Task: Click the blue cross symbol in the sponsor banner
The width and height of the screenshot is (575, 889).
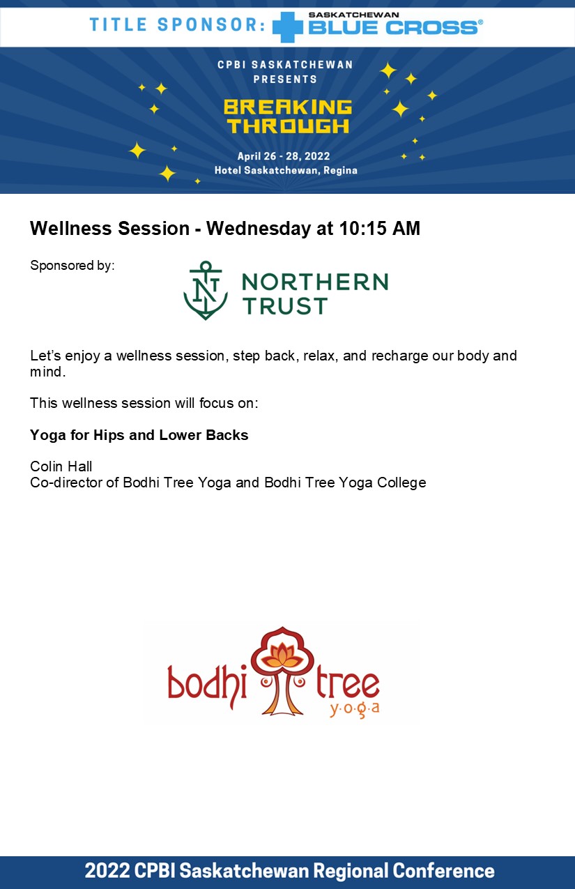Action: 288,27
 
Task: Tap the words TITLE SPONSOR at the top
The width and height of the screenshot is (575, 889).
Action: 178,24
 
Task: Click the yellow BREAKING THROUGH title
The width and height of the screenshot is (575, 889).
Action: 288,116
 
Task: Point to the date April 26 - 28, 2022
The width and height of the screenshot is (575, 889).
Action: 284,156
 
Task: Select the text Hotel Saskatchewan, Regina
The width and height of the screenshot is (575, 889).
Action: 286,170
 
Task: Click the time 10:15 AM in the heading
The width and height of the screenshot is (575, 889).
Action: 380,228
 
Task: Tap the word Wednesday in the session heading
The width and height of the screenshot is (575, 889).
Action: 259,229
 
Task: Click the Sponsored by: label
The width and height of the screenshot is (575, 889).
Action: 72,265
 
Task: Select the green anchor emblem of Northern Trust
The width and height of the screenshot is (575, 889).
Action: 206,290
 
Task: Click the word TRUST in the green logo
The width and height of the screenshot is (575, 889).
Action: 285,306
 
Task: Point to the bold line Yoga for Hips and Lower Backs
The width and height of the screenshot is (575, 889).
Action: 139,435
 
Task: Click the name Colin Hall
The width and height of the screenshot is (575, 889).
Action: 61,466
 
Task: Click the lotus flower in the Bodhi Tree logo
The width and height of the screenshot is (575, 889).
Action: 282,655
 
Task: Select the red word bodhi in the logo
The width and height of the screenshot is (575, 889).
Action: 207,687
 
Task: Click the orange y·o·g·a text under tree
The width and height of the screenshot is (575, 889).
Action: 355,710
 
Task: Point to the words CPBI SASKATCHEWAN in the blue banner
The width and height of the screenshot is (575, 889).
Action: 285,65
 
